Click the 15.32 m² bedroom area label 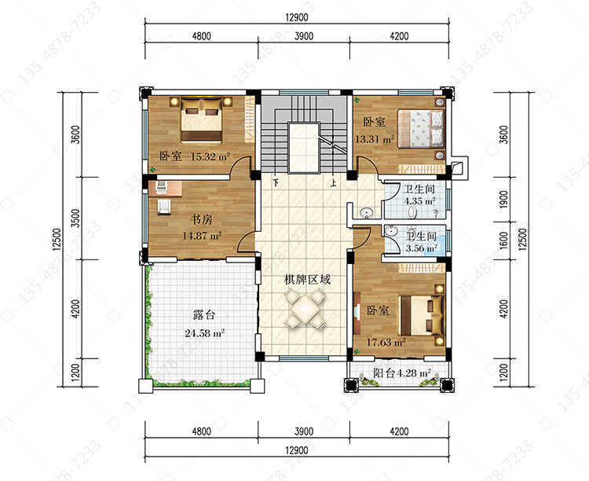[210, 156]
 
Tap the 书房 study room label [201, 219]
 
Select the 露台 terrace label [204, 314]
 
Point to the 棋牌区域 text [307, 280]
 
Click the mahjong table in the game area [305, 308]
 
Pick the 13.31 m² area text [375, 139]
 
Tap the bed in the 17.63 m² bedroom [421, 315]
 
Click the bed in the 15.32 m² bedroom [201, 119]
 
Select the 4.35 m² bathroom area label [419, 201]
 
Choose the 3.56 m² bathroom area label [421, 248]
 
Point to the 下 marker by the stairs [276, 183]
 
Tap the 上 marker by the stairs [333, 183]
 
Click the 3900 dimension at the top [304, 36]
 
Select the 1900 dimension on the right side [504, 199]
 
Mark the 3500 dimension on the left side [75, 218]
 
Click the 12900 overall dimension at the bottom [297, 450]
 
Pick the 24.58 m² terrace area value [204, 333]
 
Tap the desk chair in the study [164, 207]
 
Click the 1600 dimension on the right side [504, 240]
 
